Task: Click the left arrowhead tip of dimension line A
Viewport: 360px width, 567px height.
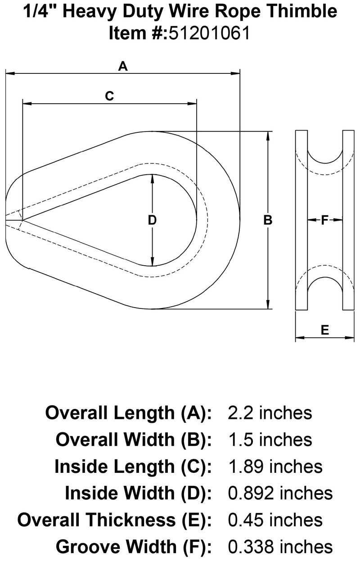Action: click(x=5, y=74)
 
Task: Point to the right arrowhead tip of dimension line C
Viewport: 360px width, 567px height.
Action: click(x=196, y=104)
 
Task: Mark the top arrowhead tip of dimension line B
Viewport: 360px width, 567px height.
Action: click(x=268, y=132)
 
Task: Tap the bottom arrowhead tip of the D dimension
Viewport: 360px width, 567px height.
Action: click(x=152, y=266)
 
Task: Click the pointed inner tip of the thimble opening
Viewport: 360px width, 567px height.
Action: click(x=23, y=220)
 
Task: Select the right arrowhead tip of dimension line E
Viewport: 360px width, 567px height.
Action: click(x=354, y=337)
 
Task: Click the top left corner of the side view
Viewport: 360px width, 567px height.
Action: click(x=296, y=131)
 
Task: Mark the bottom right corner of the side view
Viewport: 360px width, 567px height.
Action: click(x=354, y=309)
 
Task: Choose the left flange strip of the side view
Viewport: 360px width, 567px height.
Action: click(x=301, y=220)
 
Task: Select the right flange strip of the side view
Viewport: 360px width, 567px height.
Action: click(x=348, y=220)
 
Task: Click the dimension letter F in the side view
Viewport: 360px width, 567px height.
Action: click(x=324, y=220)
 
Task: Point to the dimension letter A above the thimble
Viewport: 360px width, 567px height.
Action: click(x=123, y=66)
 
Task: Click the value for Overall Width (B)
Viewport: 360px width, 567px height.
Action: click(x=270, y=440)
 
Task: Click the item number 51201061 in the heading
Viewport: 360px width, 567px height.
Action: click(x=209, y=33)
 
